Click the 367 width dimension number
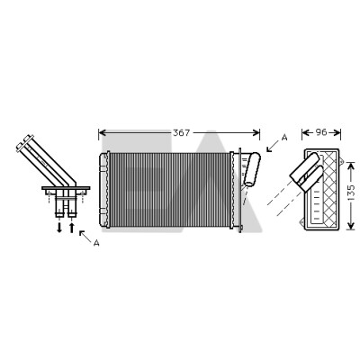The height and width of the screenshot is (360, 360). pyautogui.click(x=182, y=132)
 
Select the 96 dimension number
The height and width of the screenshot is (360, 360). pyautogui.click(x=321, y=132)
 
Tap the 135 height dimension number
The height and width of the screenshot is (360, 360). pyautogui.click(x=350, y=193)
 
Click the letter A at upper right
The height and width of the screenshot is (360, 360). pyautogui.click(x=284, y=138)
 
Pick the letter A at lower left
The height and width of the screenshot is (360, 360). pyautogui.click(x=96, y=243)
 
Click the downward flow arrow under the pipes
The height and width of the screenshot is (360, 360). pyautogui.click(x=59, y=228)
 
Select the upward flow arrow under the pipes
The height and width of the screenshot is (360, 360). pyautogui.click(x=71, y=228)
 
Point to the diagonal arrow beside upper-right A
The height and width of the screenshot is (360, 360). pyautogui.click(x=273, y=147)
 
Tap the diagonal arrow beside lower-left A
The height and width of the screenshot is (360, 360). pyautogui.click(x=85, y=237)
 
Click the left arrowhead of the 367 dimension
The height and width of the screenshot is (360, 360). pyautogui.click(x=102, y=132)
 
